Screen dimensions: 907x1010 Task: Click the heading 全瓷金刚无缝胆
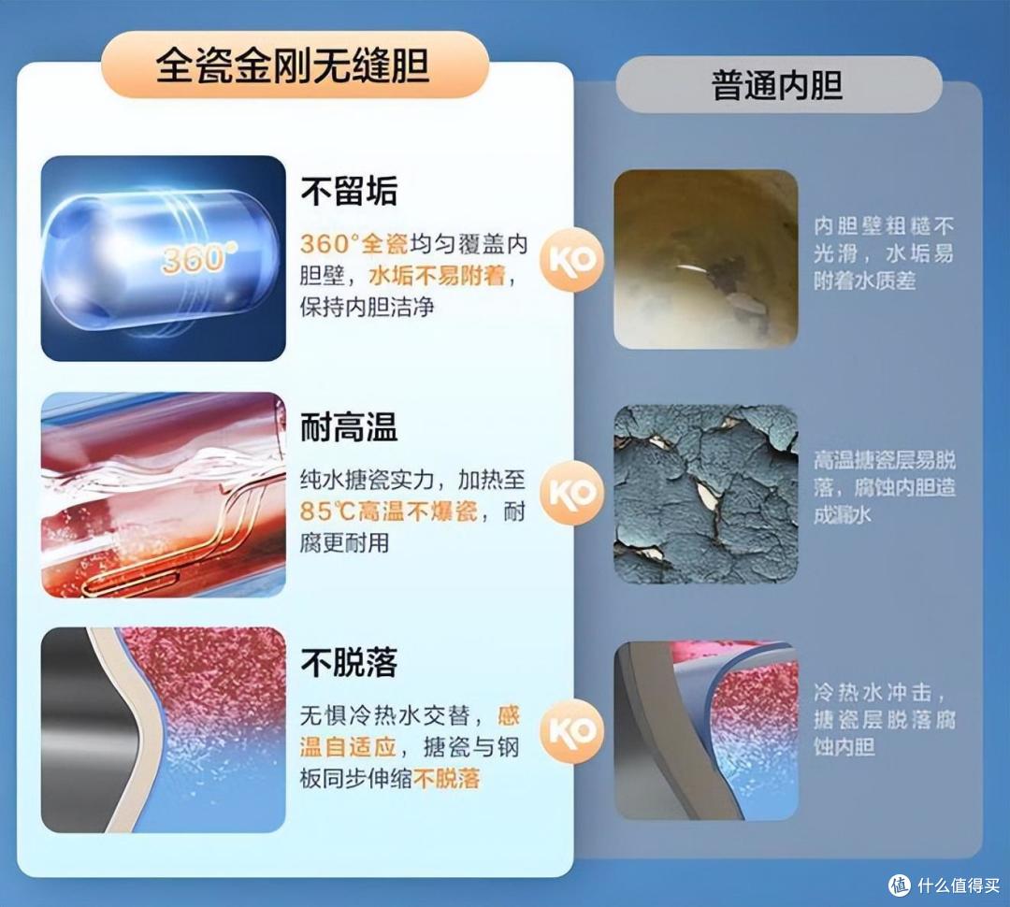click(292, 68)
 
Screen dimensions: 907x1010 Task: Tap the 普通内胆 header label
click(777, 86)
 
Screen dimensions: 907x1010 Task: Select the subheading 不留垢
click(349, 192)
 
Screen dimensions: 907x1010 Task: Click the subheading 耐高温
click(349, 427)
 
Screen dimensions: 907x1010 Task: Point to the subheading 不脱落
click(349, 662)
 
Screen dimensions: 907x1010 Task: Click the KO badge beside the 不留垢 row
click(572, 260)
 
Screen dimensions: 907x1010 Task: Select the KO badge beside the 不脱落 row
click(572, 731)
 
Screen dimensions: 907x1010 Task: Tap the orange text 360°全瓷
click(353, 245)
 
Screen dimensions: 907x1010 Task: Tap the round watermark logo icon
click(900, 885)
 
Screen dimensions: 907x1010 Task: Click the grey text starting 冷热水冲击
click(884, 719)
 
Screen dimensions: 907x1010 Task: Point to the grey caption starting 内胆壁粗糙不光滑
click(884, 252)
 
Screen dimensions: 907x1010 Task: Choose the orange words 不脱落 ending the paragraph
click(447, 778)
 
